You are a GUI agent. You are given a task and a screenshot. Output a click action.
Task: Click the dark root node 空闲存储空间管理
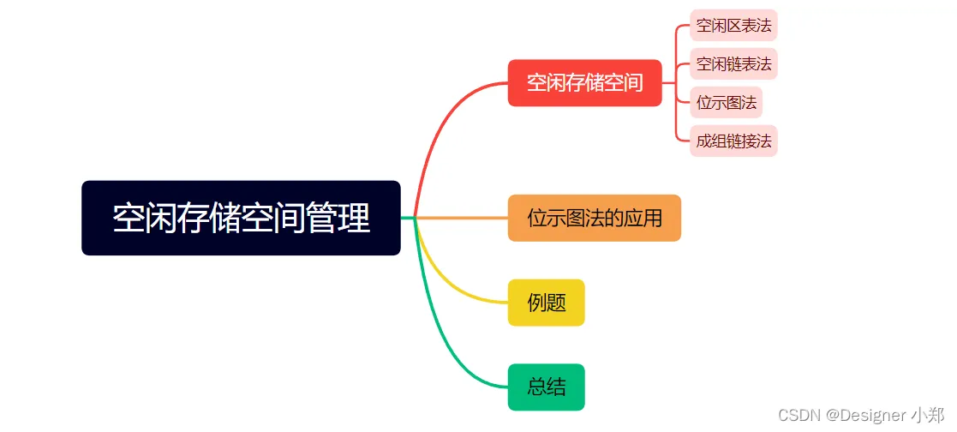coord(241,218)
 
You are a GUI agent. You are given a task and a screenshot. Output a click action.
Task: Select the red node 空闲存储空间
coord(584,83)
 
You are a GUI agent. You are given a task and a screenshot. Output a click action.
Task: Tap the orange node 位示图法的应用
coord(594,218)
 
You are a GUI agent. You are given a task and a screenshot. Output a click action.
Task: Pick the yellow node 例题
coord(546,303)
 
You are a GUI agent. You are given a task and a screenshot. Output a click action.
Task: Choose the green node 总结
coord(546,387)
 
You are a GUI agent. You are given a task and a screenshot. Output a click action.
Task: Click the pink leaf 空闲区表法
coord(733,26)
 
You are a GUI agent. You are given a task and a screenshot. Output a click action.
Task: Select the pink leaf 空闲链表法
coord(733,64)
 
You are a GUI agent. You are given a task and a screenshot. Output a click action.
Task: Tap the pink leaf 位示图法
coord(727,103)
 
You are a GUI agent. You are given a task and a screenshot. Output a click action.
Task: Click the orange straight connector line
coord(463,218)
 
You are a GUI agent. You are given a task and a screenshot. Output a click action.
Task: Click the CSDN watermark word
coord(798,415)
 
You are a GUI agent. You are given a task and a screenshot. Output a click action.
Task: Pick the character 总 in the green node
coord(536,387)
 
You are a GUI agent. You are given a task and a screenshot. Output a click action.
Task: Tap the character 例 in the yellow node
coord(536,303)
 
